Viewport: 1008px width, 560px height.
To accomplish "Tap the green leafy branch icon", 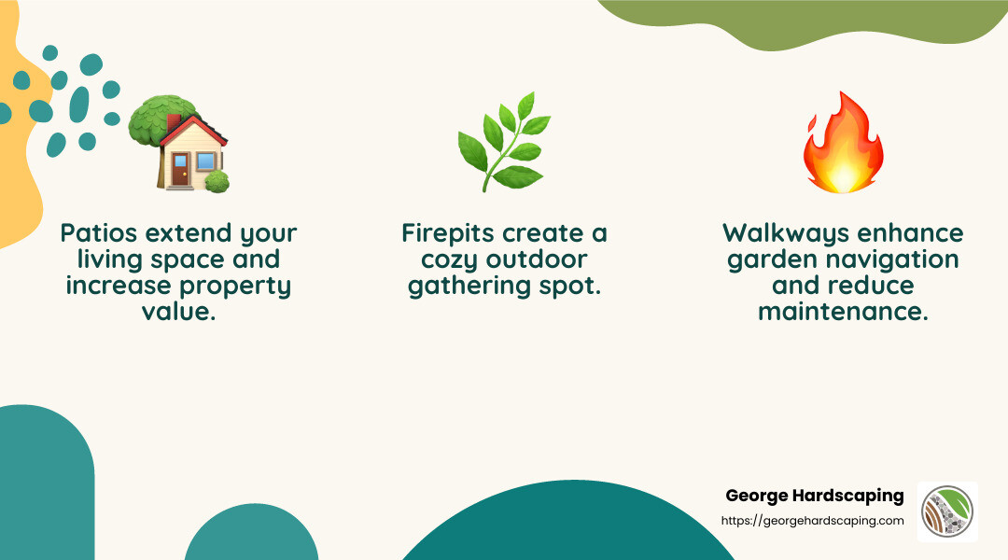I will (503, 141).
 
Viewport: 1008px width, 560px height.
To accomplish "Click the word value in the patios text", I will (178, 312).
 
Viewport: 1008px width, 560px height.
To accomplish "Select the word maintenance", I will (843, 312).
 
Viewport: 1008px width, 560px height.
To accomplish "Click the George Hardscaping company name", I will (814, 496).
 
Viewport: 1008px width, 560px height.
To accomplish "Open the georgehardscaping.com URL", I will (813, 521).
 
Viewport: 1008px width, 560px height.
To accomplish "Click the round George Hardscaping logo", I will (947, 512).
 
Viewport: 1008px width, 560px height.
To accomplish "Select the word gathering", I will (461, 286).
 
